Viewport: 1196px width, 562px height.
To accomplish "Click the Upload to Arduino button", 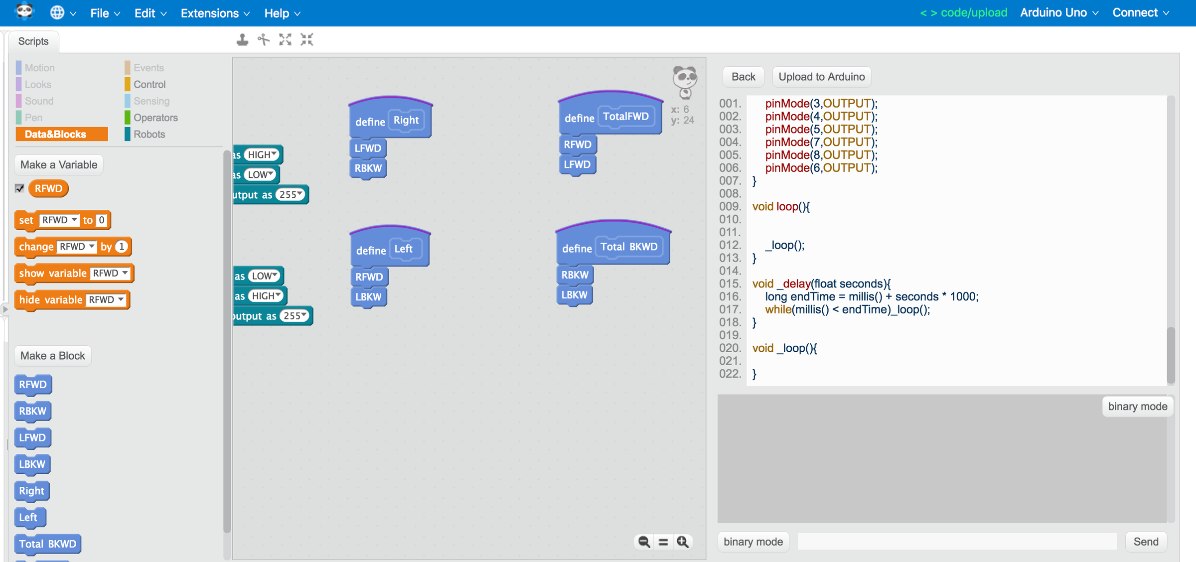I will coord(821,77).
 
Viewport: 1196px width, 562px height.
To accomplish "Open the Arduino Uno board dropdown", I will coord(1058,13).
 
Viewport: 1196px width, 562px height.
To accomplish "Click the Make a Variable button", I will coord(59,165).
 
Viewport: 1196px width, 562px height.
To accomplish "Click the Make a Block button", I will coord(53,356).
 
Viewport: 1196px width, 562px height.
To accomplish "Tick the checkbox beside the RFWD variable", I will coord(20,188).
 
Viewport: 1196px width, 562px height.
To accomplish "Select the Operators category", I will coord(155,118).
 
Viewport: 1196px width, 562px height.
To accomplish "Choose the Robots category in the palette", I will coord(149,134).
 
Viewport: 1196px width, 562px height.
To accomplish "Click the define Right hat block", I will coord(371,122).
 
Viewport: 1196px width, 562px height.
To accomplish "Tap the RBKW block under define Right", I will coord(368,168).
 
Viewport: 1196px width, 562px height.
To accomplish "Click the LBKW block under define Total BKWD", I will coord(574,295).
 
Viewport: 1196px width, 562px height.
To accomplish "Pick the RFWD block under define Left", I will coord(369,277).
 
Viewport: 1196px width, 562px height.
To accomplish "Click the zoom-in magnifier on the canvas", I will coord(683,542).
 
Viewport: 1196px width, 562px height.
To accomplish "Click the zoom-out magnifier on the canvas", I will coord(644,542).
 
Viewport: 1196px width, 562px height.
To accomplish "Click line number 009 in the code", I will coord(730,206).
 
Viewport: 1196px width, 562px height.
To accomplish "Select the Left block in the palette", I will coord(28,517).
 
